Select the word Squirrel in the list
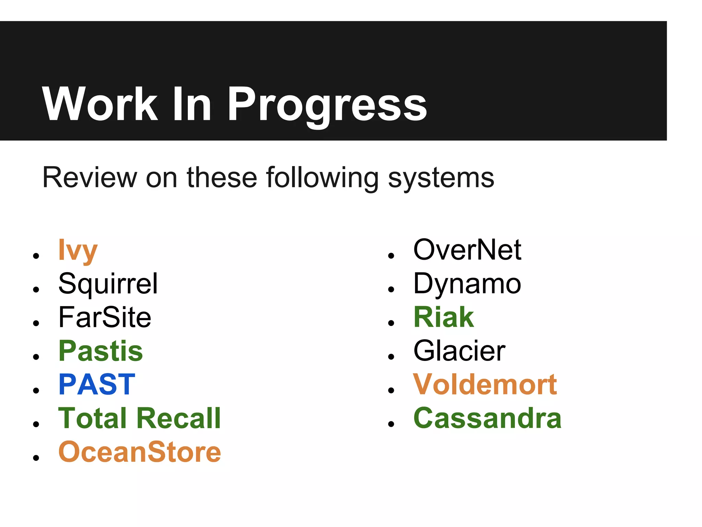(x=108, y=284)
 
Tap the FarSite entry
(x=105, y=317)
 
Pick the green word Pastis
(x=100, y=351)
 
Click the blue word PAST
(x=97, y=384)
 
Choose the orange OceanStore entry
(x=140, y=452)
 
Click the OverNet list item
(x=467, y=250)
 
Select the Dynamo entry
(x=467, y=284)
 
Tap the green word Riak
(x=444, y=317)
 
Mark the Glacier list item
(x=459, y=351)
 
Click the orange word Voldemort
(x=485, y=384)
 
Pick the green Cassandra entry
(x=487, y=418)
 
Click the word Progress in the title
(x=327, y=105)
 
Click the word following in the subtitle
(x=322, y=178)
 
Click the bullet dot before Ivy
(x=36, y=256)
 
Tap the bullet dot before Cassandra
(x=391, y=424)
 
